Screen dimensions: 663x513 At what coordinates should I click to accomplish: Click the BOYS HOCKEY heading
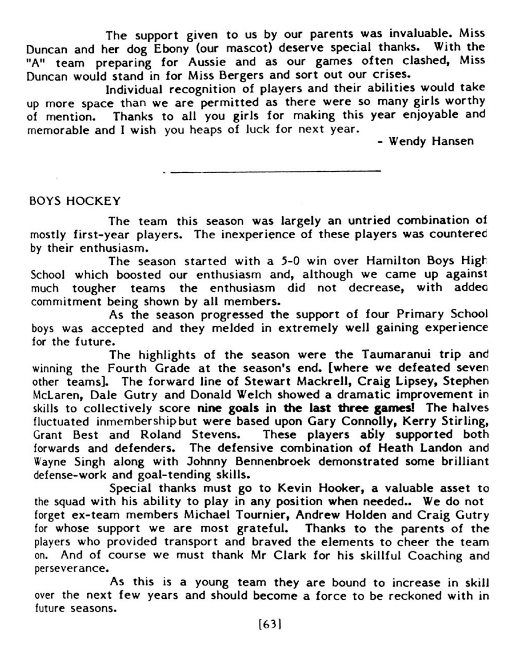(75, 201)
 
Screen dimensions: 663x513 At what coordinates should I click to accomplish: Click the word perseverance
(70, 568)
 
